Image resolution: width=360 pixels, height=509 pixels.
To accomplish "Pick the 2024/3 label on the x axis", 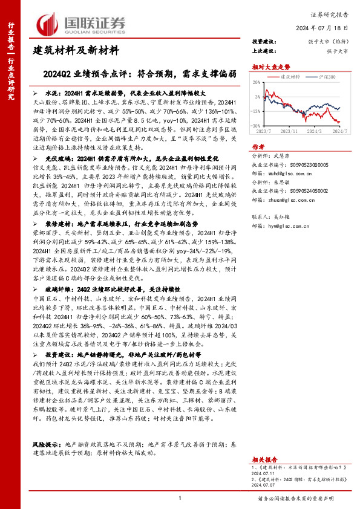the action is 320,131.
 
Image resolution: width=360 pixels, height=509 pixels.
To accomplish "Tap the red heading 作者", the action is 258,146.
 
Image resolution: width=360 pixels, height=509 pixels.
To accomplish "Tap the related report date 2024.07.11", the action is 266,474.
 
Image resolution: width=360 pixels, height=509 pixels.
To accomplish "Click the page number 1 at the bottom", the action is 180,497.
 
